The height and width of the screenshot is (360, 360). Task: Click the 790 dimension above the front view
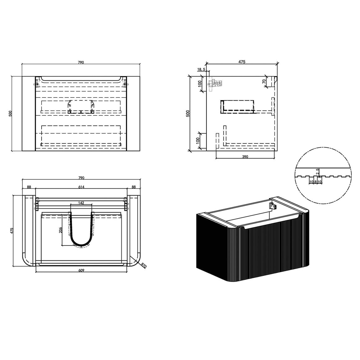pos(81,62)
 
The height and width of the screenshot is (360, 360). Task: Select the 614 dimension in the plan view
pos(81,187)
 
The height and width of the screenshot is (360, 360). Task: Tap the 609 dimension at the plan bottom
pos(81,270)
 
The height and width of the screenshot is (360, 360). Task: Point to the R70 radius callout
pos(144,265)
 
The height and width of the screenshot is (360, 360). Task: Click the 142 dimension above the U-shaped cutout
pos(81,203)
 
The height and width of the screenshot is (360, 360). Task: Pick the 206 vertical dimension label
pos(61,230)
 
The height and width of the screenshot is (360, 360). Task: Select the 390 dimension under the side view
pos(245,157)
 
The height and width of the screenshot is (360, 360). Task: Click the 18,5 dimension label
pos(201,69)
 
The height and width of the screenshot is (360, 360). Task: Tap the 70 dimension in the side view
pos(264,81)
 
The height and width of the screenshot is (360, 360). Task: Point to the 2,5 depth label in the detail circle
pos(317,171)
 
